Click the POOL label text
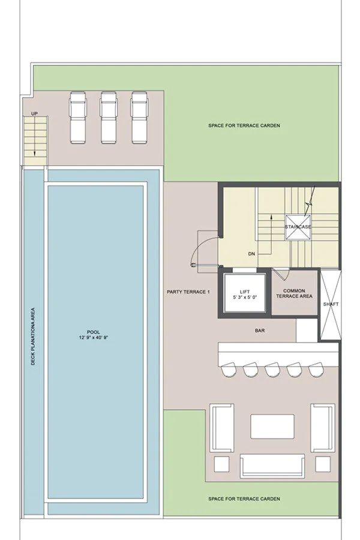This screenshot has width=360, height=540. (94, 332)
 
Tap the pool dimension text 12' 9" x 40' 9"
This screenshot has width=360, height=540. (94, 338)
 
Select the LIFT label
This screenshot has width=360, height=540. (245, 292)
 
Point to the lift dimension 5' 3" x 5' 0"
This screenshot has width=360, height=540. (245, 297)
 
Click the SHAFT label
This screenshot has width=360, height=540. (331, 304)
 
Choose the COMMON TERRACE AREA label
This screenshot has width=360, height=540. (294, 293)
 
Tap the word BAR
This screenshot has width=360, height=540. (260, 331)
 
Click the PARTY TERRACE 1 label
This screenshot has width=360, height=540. (188, 292)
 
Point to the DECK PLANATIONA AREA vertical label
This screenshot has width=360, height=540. (33, 337)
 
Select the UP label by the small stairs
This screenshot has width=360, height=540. (34, 113)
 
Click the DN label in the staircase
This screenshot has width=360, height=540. (251, 254)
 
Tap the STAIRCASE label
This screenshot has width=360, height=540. (298, 227)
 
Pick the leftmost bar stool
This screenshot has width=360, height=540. (229, 370)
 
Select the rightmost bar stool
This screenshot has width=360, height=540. (316, 370)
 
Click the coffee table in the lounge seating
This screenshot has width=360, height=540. (272, 427)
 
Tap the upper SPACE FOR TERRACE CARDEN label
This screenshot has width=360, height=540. (244, 126)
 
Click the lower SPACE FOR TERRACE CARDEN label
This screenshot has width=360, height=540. (244, 499)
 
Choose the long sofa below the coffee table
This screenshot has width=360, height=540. (272, 466)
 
